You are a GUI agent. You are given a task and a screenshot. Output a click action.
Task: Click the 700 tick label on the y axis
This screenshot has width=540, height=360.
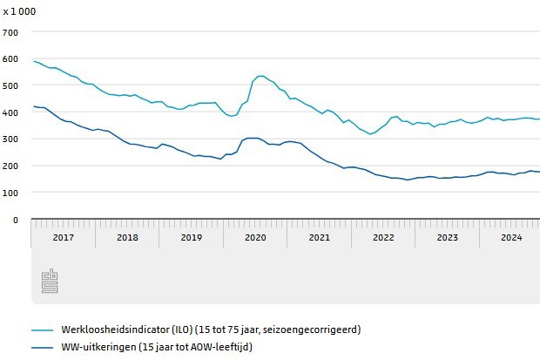point(10,32)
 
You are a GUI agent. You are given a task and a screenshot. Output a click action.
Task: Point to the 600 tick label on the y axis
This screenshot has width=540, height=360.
point(10,59)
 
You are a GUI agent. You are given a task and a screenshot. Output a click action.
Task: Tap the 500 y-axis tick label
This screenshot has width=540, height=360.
point(10,85)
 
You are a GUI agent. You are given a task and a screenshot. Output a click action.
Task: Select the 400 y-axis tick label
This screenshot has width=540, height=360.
point(10,112)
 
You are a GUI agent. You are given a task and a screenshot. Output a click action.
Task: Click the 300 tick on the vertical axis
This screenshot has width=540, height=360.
point(10,139)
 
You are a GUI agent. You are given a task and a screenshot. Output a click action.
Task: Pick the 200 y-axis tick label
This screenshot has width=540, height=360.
point(10,166)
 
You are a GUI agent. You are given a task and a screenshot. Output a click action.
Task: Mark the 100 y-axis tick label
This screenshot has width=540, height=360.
point(10,193)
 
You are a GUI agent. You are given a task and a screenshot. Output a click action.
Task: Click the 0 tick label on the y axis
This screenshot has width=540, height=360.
point(15,220)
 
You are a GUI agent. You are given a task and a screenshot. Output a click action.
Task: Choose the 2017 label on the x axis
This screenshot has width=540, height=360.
point(63,237)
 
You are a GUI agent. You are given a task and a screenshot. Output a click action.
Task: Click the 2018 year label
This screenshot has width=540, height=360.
point(127,237)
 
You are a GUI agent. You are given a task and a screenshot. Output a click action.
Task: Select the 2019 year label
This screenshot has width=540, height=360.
point(192,237)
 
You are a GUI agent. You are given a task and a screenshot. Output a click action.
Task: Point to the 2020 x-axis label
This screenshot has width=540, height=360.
point(255,237)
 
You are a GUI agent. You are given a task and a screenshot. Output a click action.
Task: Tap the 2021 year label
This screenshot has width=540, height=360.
point(320,237)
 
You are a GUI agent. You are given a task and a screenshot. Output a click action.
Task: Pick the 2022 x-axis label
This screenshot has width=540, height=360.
point(383,237)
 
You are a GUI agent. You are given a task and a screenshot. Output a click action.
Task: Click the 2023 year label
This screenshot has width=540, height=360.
point(448,237)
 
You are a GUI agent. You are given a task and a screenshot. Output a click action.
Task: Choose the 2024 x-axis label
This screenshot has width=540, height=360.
point(511,237)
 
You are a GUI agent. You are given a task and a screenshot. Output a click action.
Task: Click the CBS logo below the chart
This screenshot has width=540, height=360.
point(49,282)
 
